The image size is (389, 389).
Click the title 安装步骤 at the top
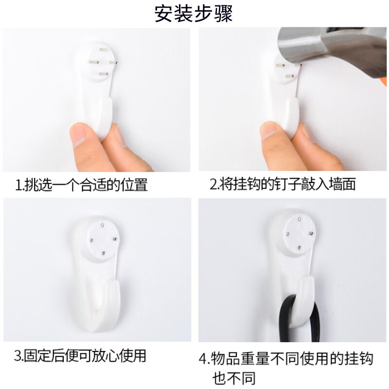click(194, 13)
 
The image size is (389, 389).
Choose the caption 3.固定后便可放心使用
click(80, 356)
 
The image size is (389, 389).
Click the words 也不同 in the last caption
click(233, 378)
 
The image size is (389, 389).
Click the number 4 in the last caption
click(204, 360)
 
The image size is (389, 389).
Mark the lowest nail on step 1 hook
click(103, 74)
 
